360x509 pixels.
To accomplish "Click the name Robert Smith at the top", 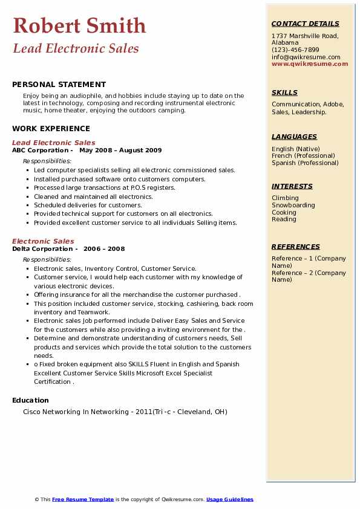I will (x=79, y=25).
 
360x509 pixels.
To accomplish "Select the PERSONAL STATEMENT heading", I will (x=59, y=85).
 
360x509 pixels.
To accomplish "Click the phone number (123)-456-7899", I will (x=295, y=50).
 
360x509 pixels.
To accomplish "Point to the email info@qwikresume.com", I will (x=306, y=57).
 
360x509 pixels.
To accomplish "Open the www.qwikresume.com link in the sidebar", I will (x=310, y=63).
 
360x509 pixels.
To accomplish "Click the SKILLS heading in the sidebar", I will (x=284, y=92).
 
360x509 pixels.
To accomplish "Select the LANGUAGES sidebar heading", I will (x=294, y=137).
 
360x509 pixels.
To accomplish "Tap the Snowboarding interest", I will (x=293, y=205).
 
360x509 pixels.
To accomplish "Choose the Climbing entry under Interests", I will (x=285, y=198).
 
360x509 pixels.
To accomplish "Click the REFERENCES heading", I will (x=296, y=247).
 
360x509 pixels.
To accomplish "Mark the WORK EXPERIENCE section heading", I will (x=51, y=129).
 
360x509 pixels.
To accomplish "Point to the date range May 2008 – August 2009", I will (x=120, y=150).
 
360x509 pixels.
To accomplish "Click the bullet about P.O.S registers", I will (x=104, y=187).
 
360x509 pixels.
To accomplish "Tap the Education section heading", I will (x=30, y=400).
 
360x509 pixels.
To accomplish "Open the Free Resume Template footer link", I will (x=83, y=499).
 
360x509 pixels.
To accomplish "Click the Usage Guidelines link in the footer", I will (x=229, y=499).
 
